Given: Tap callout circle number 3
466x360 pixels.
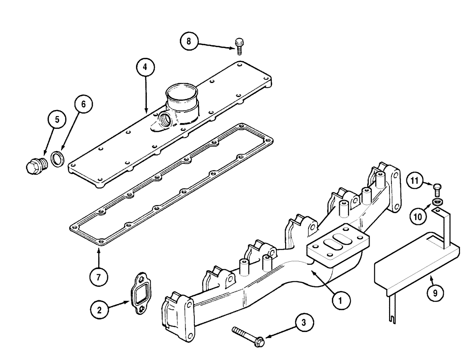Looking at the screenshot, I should pos(304,322).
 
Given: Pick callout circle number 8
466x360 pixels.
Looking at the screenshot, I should pos(189,41).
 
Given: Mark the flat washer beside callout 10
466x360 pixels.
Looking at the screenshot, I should pos(438,201).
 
